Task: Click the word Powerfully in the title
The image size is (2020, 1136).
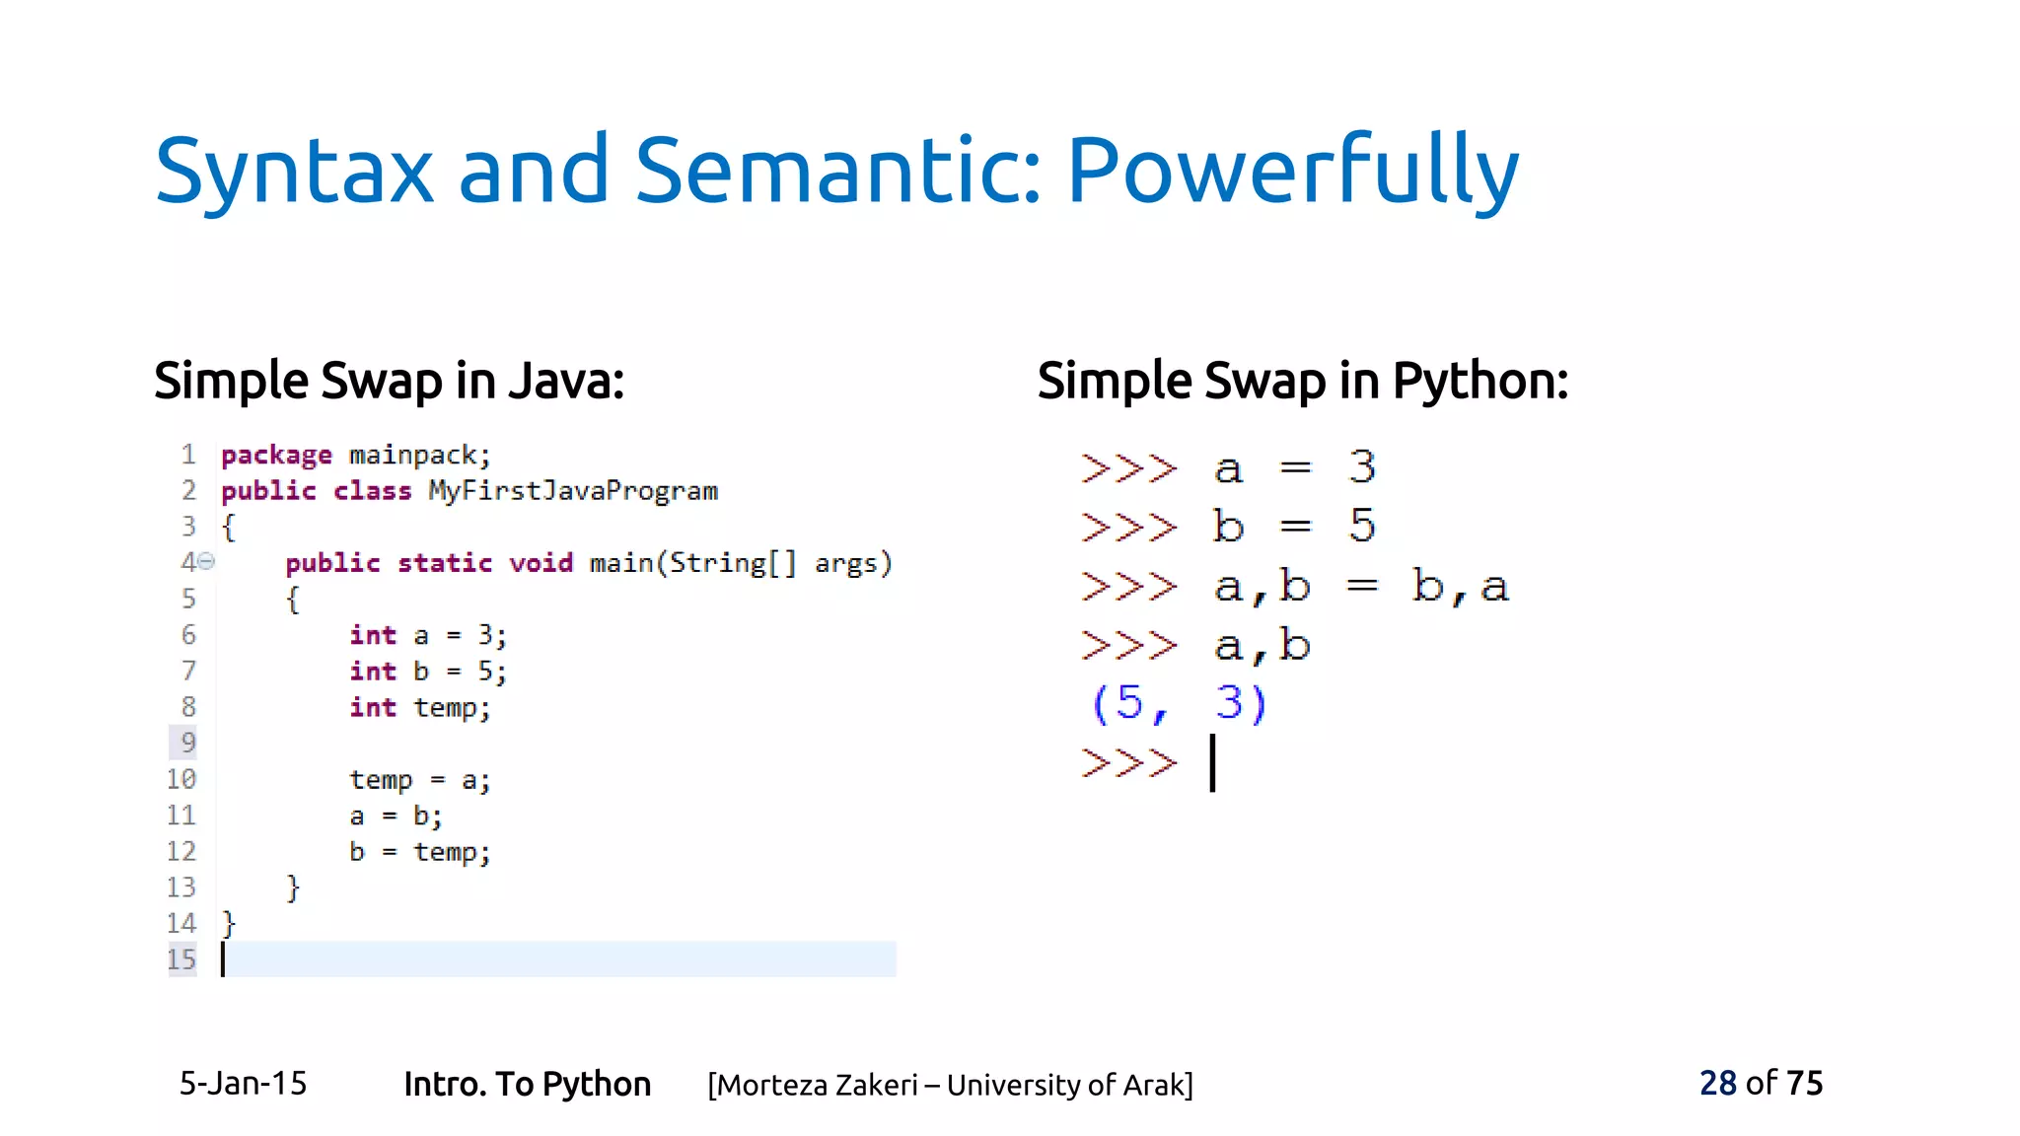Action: tap(1292, 172)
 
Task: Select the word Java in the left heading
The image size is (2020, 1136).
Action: tap(565, 381)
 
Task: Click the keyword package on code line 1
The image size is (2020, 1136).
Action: tap(276, 456)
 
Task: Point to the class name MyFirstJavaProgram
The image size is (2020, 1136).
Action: tap(573, 491)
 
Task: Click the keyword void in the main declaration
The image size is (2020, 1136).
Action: tap(541, 563)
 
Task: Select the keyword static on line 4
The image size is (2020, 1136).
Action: tap(445, 563)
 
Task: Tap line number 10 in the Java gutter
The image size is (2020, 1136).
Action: tap(181, 779)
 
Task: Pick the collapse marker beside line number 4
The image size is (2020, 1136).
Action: tap(206, 562)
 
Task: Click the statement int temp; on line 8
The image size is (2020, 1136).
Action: tap(419, 708)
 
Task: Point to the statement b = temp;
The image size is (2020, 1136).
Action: tap(419, 852)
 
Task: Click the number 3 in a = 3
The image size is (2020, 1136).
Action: tap(1362, 467)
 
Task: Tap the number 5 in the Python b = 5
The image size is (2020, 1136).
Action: tap(1362, 526)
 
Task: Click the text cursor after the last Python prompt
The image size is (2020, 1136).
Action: tap(1213, 762)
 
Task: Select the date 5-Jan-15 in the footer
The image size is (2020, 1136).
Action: tap(243, 1084)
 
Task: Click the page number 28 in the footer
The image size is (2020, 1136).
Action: tap(1717, 1084)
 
